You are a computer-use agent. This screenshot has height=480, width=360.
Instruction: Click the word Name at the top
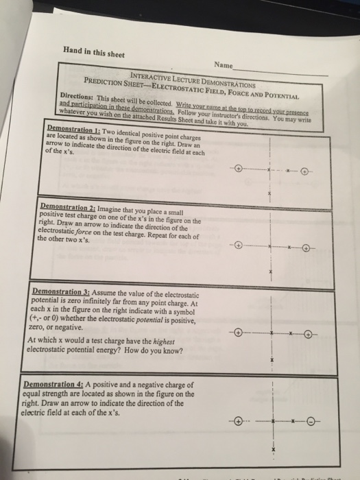click(x=224, y=64)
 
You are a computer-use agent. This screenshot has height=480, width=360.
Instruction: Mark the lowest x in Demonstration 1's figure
click(x=270, y=195)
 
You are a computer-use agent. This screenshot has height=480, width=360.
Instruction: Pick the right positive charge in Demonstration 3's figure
click(x=309, y=335)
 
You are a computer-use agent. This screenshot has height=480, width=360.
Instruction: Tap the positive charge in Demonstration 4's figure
click(x=238, y=420)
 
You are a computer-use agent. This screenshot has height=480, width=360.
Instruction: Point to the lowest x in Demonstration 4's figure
click(x=273, y=450)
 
